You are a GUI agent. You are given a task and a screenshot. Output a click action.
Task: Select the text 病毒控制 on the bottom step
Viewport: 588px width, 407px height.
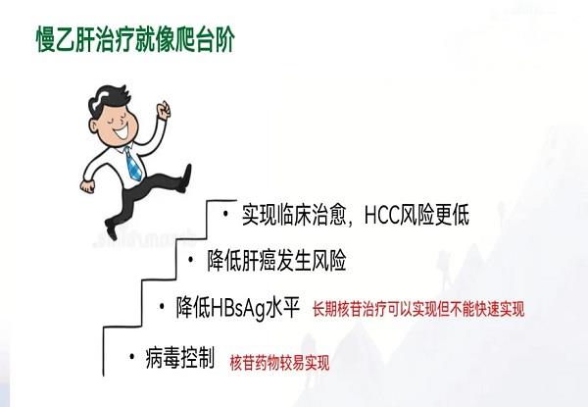tap(179, 359)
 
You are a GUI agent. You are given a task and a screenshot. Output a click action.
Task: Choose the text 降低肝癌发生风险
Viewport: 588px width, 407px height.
tap(277, 262)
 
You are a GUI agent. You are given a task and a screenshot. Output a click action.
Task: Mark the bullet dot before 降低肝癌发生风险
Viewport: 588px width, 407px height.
tap(192, 259)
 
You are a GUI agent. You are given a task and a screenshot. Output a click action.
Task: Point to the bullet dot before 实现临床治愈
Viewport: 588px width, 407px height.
tap(224, 213)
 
